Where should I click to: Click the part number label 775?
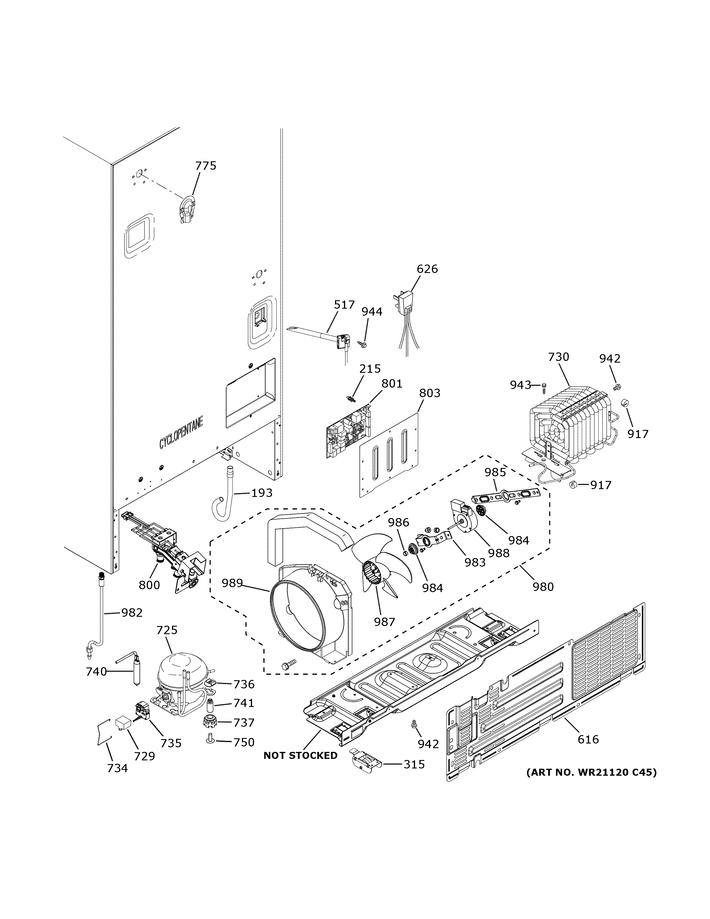206,166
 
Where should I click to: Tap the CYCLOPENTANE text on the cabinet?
181,432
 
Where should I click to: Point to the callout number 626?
427,269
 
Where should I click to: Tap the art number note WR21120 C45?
591,772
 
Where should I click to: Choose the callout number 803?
430,393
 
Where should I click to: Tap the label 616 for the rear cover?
588,739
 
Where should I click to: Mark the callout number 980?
543,586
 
